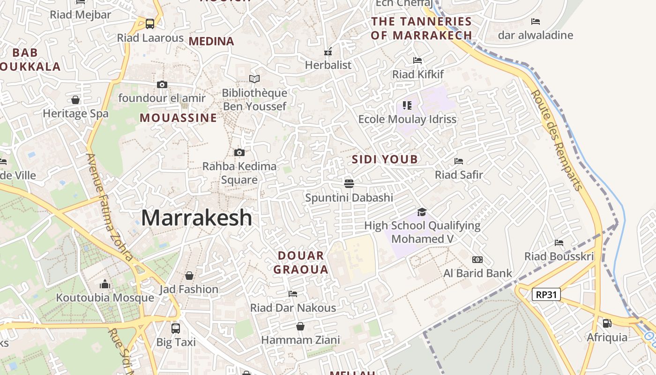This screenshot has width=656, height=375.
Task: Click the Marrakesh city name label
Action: (x=196, y=218)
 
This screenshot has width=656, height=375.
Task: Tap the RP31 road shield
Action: (x=546, y=294)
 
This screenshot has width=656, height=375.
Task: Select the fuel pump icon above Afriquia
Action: (x=606, y=323)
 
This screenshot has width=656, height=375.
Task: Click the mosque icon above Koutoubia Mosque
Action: (x=105, y=284)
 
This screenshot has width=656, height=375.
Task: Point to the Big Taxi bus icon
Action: (x=176, y=328)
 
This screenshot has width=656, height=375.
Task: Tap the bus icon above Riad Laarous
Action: (x=150, y=23)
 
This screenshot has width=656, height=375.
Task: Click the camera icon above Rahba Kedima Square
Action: (x=239, y=152)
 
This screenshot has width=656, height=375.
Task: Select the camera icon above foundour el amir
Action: (x=162, y=84)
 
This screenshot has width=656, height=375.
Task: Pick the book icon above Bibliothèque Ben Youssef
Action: (x=254, y=79)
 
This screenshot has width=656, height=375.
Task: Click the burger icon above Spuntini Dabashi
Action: (x=349, y=183)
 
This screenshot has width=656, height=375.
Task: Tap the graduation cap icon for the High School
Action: (x=422, y=212)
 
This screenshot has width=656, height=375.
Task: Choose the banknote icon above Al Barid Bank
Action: (x=477, y=259)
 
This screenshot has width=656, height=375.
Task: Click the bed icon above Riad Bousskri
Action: (x=559, y=242)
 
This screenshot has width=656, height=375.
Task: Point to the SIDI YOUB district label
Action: (x=385, y=159)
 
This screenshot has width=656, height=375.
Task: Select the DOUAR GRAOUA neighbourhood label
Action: (x=300, y=262)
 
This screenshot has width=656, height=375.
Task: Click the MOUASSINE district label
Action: (x=178, y=118)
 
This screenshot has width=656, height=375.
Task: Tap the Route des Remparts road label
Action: (x=557, y=140)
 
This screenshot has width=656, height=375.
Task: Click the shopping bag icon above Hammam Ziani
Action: (x=300, y=326)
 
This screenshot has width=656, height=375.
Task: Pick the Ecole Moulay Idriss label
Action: (x=407, y=119)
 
